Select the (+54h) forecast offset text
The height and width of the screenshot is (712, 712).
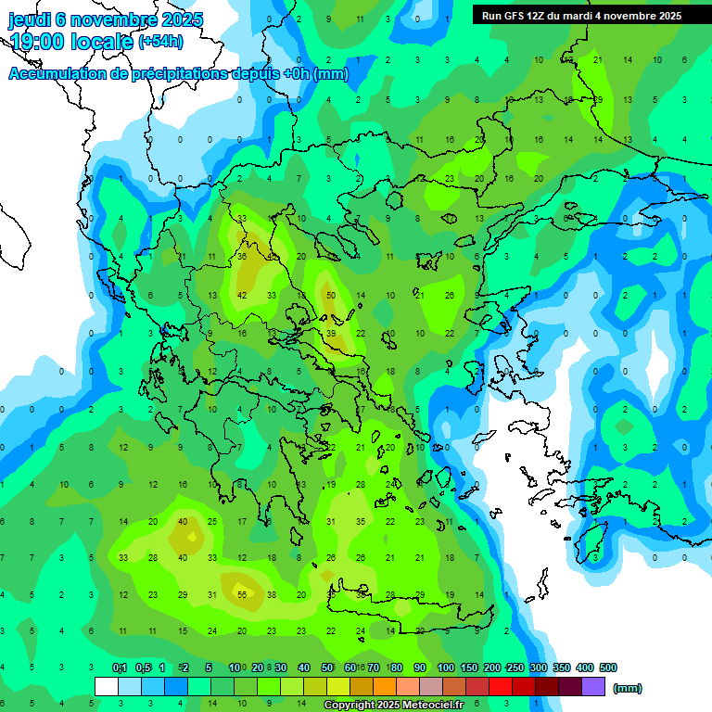pos(160,42)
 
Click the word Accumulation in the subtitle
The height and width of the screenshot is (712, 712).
pos(57,74)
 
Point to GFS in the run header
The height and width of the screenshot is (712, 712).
pos(522,16)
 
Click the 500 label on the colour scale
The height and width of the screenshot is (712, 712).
pos(608,667)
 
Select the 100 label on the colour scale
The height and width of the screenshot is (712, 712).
pos(446,667)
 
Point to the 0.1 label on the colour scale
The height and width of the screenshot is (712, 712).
pos(120,667)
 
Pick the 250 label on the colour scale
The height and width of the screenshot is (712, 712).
pos(515,667)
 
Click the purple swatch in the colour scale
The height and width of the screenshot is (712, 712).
pos(593,687)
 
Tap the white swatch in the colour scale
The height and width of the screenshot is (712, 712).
pos(107,687)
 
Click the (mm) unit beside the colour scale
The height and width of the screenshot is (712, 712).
pos(628,688)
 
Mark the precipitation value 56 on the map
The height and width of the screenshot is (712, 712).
pos(242,594)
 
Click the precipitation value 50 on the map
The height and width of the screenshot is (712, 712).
pos(331,295)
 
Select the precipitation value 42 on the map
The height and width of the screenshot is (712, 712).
pos(242,295)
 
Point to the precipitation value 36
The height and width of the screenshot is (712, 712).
pos(242,256)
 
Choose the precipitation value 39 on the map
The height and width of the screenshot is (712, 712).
pos(331,333)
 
